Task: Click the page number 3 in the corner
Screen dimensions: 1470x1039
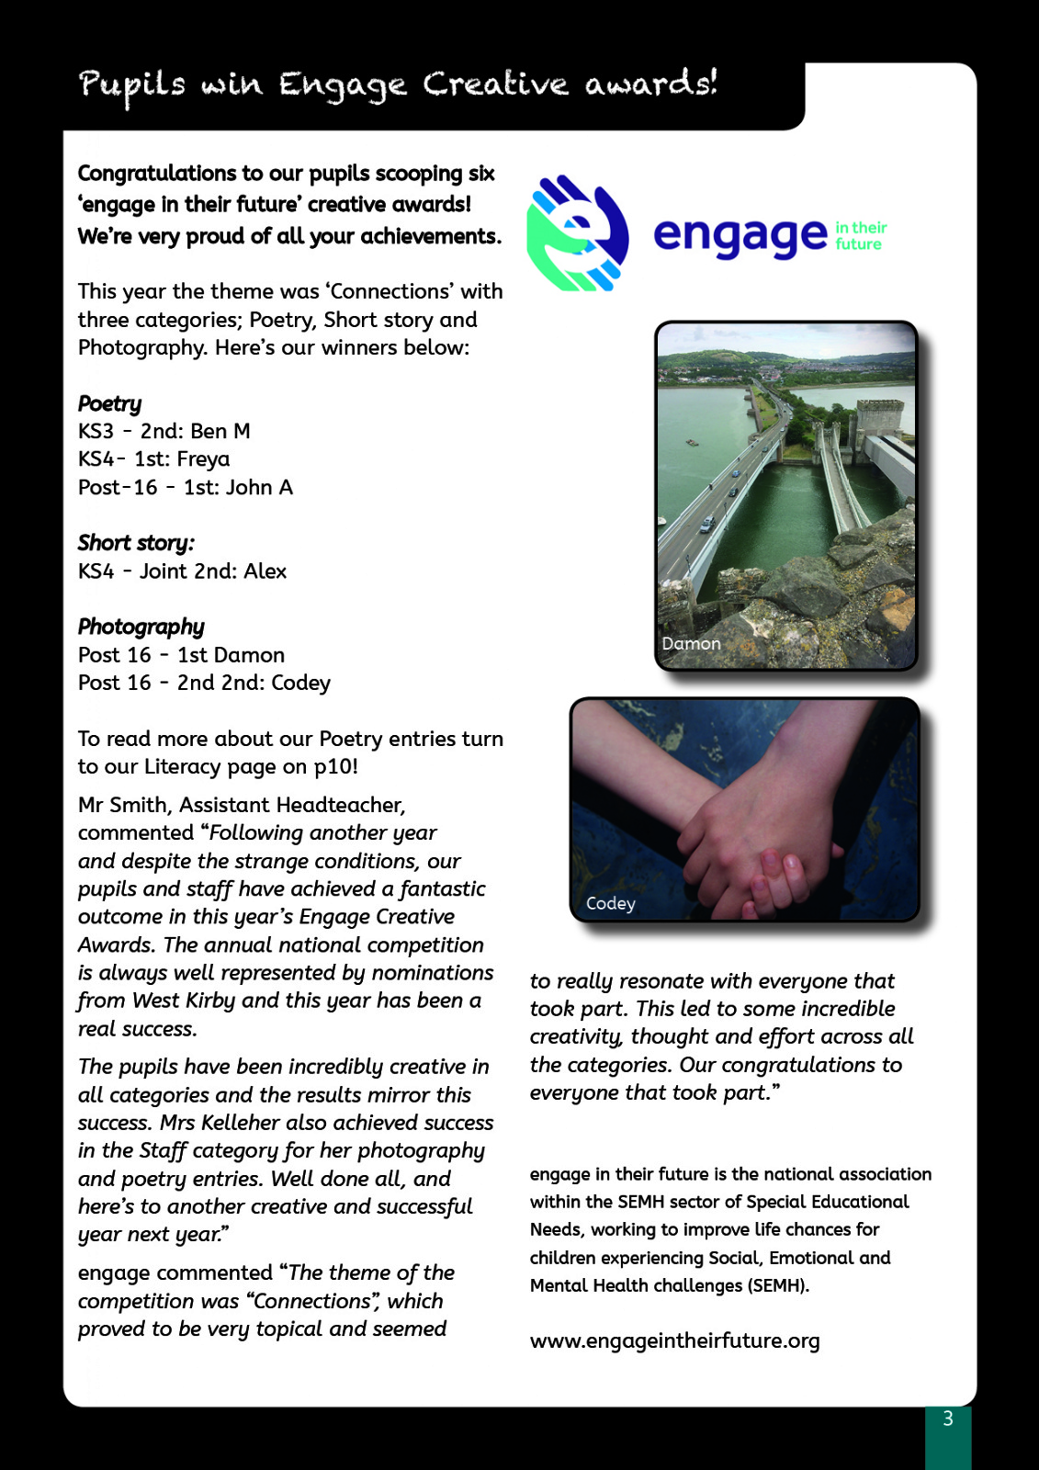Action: tap(948, 1419)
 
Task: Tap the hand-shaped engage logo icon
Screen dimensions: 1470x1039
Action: tap(577, 233)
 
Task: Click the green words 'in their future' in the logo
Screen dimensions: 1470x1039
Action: tap(860, 235)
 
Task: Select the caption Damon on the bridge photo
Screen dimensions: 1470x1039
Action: tap(691, 643)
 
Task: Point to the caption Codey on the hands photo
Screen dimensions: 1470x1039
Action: tap(610, 903)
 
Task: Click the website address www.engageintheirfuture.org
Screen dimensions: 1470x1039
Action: tap(674, 1340)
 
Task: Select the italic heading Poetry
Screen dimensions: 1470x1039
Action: tap(109, 403)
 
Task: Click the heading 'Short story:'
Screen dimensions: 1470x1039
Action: tap(136, 543)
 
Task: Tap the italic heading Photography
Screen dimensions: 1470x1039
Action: tap(141, 627)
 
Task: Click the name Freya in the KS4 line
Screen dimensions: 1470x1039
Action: tap(202, 458)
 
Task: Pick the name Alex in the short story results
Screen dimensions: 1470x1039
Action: tap(265, 571)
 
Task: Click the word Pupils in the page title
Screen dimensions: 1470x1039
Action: tap(132, 85)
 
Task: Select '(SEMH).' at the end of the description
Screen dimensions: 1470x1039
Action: tap(778, 1285)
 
